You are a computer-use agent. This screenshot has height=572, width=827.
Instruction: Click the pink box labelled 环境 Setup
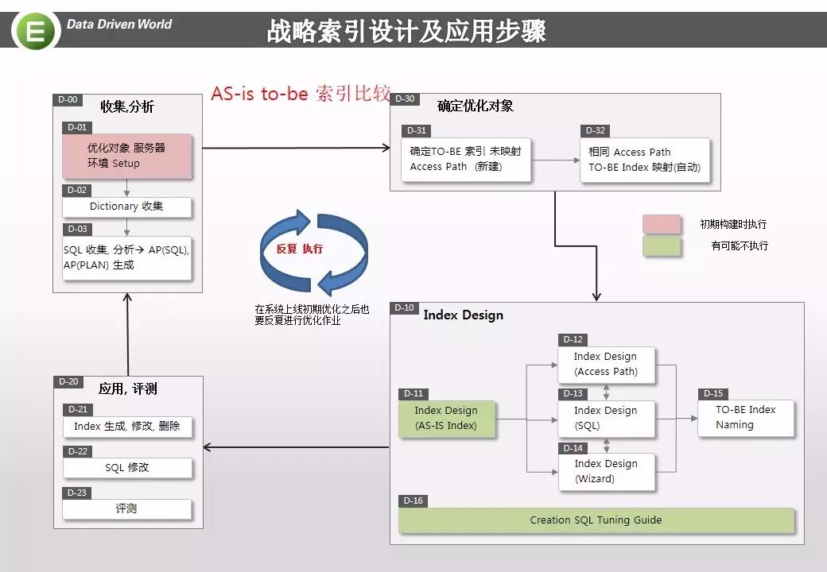click(127, 156)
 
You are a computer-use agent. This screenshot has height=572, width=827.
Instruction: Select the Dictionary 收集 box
click(127, 207)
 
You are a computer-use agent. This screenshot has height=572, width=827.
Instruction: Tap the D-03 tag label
click(77, 229)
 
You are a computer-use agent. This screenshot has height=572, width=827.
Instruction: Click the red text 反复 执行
click(300, 249)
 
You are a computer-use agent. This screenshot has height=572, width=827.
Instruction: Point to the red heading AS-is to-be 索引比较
click(301, 94)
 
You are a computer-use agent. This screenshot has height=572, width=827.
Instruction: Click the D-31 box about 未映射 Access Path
click(466, 160)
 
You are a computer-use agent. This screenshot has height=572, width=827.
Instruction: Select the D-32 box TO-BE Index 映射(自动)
click(644, 160)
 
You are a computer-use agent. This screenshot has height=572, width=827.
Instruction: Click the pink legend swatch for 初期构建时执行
click(662, 224)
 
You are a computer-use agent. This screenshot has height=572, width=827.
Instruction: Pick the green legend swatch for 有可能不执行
click(662, 246)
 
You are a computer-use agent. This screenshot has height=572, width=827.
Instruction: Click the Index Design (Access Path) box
click(606, 364)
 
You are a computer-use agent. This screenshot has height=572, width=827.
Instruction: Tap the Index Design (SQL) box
click(606, 418)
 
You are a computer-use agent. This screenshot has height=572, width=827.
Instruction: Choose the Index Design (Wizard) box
click(606, 471)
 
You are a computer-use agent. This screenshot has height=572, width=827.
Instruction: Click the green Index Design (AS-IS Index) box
click(447, 418)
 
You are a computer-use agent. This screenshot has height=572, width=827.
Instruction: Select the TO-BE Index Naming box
click(746, 417)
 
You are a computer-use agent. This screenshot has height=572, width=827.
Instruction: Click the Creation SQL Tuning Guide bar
click(596, 520)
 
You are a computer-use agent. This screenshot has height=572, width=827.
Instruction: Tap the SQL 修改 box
click(127, 468)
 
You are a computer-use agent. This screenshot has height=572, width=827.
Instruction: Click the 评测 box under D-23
click(127, 508)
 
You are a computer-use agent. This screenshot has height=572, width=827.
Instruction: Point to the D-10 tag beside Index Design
click(404, 308)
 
